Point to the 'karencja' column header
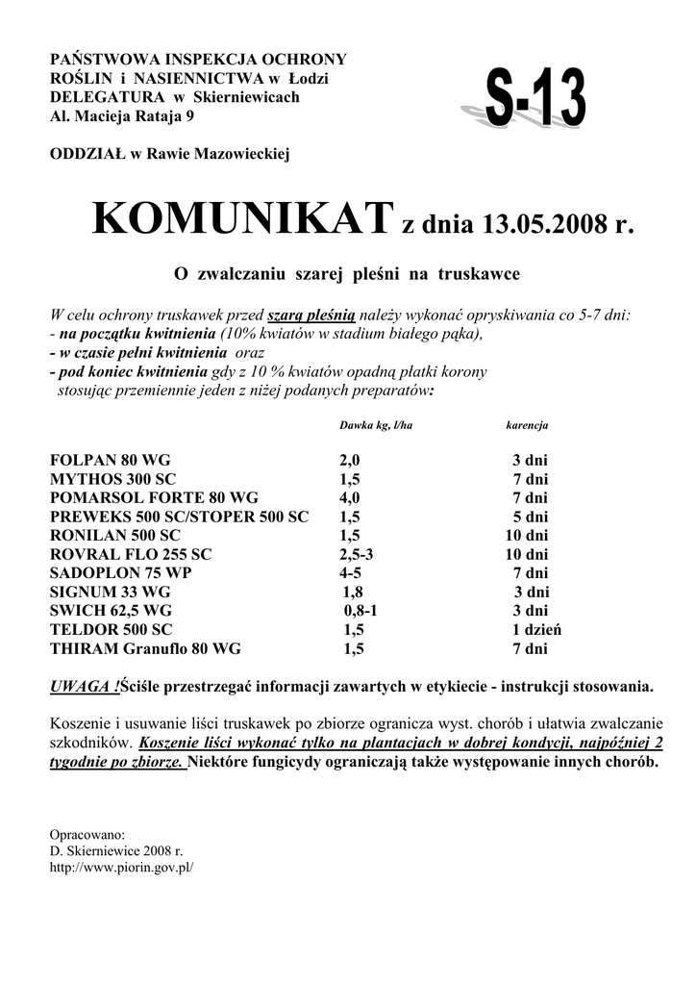527,425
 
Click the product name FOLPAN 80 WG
110,462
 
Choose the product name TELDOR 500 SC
112,630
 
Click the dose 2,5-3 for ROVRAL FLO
356,555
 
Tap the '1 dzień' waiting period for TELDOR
535,630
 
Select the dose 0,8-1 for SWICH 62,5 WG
361,611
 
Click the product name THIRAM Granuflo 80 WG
145,649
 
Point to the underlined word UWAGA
85,687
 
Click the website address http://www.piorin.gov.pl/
121,867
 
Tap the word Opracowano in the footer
87,835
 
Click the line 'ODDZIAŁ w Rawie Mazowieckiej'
169,154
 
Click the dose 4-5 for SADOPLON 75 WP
351,573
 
